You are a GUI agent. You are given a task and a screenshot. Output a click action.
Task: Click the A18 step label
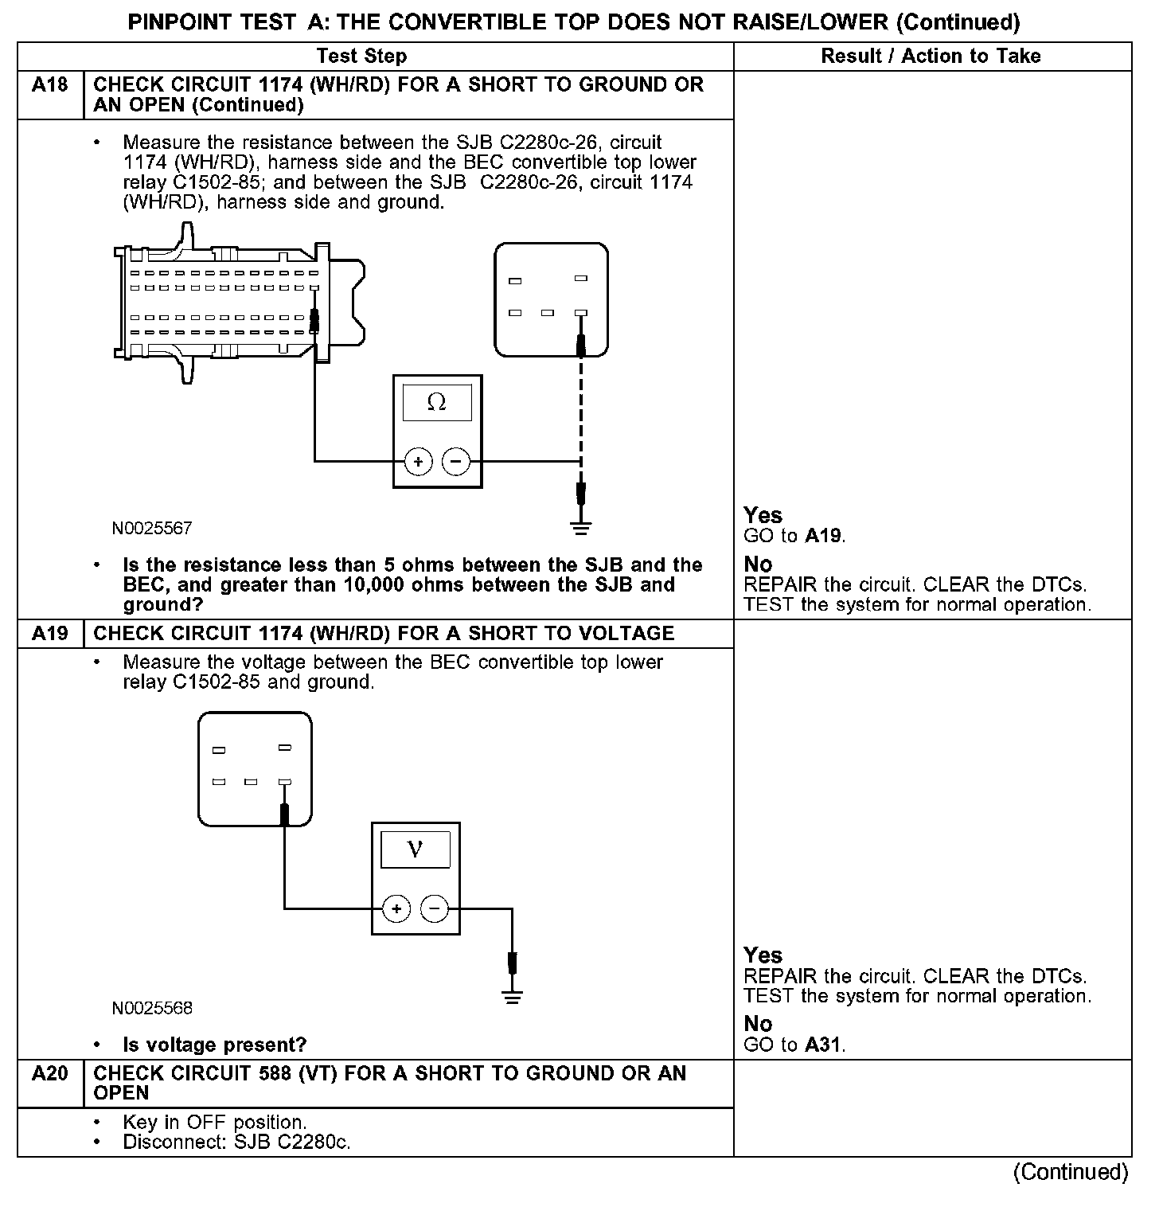pos(49,84)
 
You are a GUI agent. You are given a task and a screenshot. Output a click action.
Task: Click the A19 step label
pos(49,634)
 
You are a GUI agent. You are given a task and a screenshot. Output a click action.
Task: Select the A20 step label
pos(49,1074)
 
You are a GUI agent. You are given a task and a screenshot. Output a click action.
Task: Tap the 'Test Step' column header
pos(361,56)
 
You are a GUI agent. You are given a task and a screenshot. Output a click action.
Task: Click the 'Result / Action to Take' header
pos(931,56)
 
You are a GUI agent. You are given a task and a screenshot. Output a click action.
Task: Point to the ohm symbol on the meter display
pos(436,403)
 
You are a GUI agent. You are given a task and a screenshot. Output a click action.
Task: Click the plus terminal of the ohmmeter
pos(419,461)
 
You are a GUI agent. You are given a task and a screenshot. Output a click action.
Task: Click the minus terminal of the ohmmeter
pos(456,461)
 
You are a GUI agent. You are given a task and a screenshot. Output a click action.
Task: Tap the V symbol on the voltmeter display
pos(415,850)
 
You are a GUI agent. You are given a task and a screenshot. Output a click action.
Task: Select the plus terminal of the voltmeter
pos(396,908)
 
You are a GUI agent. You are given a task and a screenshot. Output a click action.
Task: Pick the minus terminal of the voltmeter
pos(435,908)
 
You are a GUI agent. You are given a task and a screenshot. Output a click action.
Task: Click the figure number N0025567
pos(152,528)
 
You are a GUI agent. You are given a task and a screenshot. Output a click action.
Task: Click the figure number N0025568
pos(152,1008)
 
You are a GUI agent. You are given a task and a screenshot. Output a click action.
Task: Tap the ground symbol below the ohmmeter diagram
pos(581,527)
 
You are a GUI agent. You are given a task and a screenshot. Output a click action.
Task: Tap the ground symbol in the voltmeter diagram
pos(513,997)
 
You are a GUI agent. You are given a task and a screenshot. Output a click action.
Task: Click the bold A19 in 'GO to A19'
pos(823,536)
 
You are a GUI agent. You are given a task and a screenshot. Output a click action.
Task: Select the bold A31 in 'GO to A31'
pos(823,1045)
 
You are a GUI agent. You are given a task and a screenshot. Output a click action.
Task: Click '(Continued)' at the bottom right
pos(1070,1172)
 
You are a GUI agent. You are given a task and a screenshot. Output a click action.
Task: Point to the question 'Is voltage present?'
pos(214,1045)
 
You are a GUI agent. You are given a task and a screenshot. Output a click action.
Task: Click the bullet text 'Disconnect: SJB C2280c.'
pos(236,1143)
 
